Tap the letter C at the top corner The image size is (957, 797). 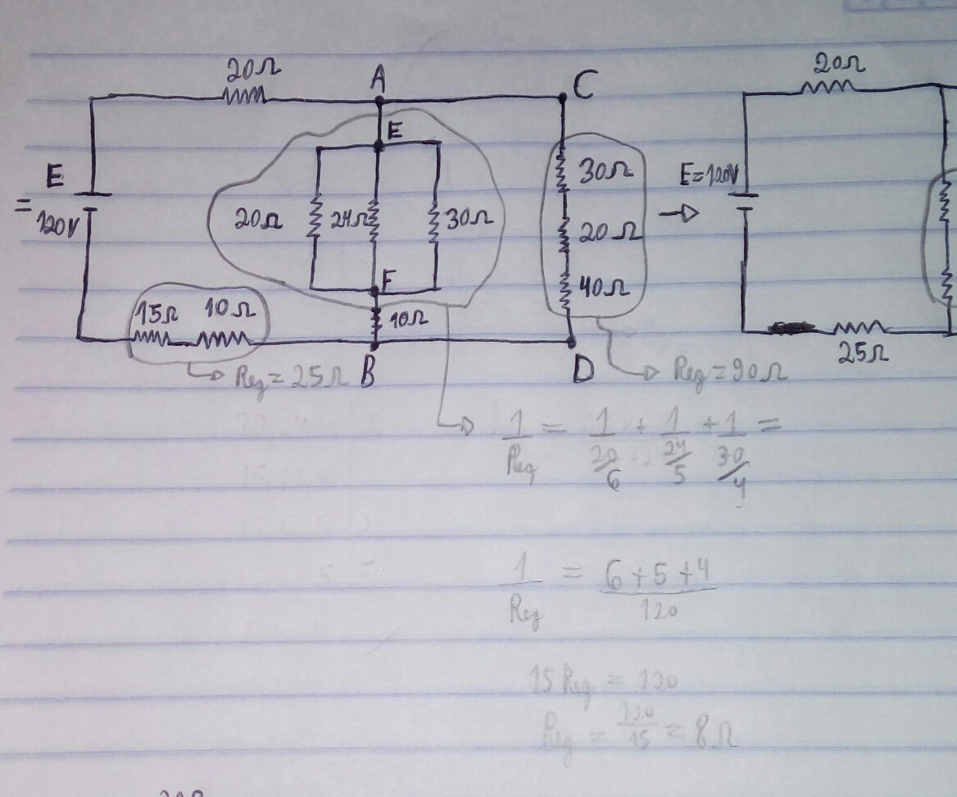[583, 84]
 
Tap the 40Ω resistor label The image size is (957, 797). [604, 288]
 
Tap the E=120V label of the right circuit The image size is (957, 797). [710, 175]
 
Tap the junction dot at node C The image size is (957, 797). [563, 98]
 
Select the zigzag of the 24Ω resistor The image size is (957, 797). [374, 220]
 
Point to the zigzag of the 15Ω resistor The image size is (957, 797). [150, 337]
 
